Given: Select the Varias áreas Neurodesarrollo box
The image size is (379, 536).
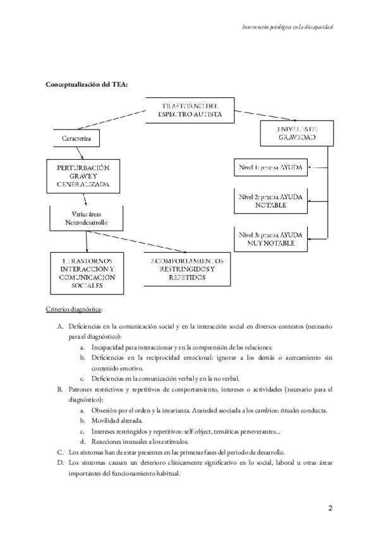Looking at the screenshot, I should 85,219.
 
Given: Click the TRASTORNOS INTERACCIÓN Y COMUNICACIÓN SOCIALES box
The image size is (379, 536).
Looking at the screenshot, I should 87,273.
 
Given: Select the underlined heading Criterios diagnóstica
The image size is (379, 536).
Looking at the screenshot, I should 74,310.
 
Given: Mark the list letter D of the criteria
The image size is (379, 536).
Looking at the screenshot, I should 59,463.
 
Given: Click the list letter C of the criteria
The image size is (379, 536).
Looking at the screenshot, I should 59,452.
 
